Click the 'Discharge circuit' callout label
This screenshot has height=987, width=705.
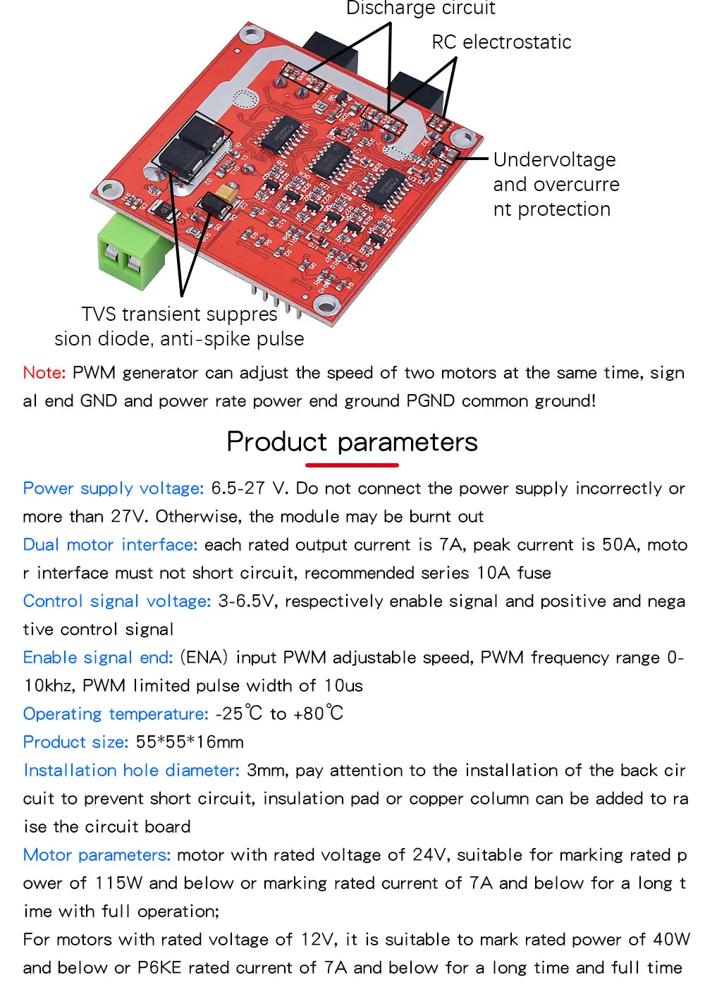[x=420, y=8]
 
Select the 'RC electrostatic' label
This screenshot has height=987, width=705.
[x=501, y=42]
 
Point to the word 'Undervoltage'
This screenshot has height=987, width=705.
[x=554, y=160]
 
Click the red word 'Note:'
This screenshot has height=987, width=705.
[x=44, y=372]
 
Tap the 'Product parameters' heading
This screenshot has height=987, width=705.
[x=352, y=442]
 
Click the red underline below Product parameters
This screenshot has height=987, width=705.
[x=352, y=465]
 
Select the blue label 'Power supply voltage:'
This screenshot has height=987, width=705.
[x=114, y=489]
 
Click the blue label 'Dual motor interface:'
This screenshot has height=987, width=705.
[x=110, y=545]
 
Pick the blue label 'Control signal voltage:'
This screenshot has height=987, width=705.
[x=117, y=601]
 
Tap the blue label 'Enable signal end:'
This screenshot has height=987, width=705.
[x=98, y=658]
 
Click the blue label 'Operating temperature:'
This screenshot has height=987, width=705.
[x=116, y=714]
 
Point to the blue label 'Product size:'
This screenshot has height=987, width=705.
[x=75, y=742]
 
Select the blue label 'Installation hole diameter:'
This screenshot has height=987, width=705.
[x=131, y=771]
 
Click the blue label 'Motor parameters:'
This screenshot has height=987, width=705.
[x=97, y=855]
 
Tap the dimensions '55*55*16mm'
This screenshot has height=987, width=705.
[x=190, y=742]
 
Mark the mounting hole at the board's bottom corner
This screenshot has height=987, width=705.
[x=325, y=305]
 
